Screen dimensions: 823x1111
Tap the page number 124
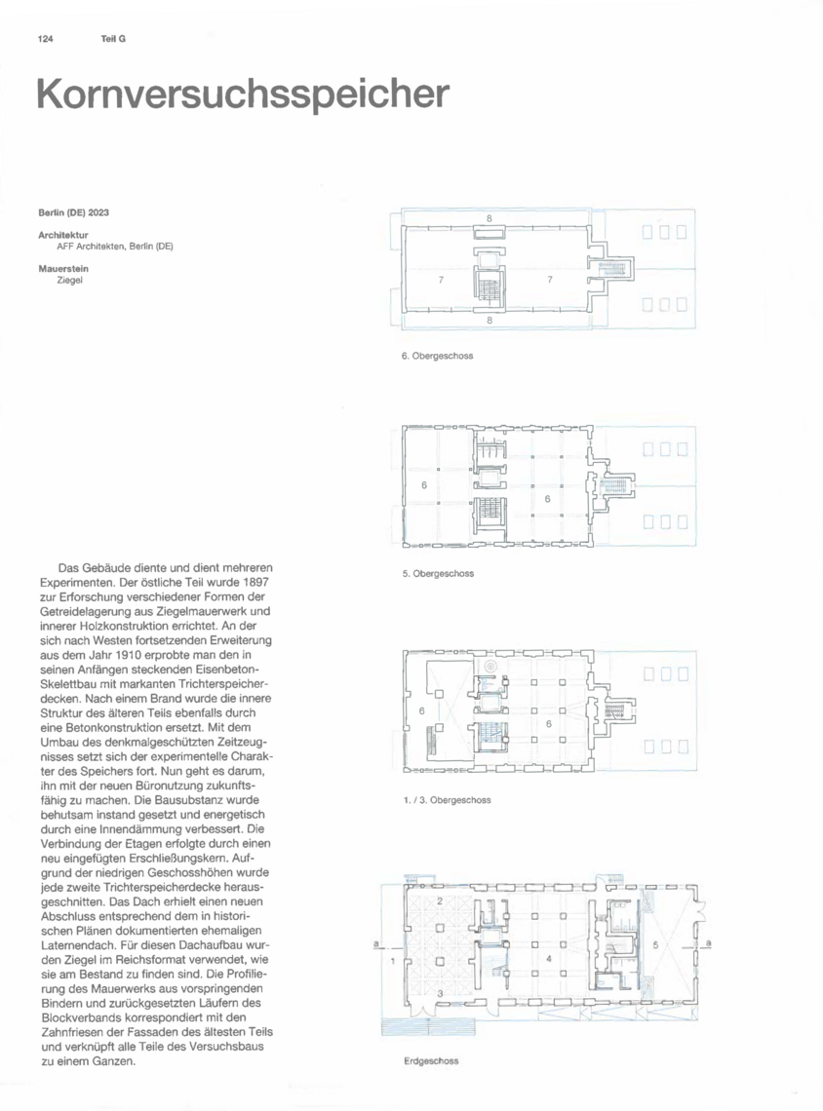tap(46, 39)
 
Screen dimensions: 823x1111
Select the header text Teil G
tap(113, 39)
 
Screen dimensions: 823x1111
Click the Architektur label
tap(63, 235)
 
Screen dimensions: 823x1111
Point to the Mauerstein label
tap(63, 269)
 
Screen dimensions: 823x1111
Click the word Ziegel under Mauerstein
tap(70, 280)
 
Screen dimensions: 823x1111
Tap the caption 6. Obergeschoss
tap(438, 356)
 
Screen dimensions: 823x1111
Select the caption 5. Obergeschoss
tap(438, 573)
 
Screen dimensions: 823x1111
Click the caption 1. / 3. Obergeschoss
tap(447, 800)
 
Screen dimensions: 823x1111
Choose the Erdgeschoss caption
tap(431, 1060)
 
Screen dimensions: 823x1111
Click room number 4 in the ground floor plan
tap(549, 959)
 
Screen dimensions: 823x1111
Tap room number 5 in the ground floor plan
tap(655, 944)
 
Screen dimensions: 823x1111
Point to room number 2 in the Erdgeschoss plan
tap(440, 900)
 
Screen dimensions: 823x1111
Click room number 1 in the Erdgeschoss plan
tap(393, 961)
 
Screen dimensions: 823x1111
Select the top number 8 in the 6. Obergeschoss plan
tap(490, 219)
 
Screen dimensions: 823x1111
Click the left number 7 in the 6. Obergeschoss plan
tap(441, 280)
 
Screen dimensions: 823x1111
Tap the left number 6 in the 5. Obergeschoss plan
tap(424, 485)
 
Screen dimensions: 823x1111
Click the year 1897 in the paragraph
tap(255, 582)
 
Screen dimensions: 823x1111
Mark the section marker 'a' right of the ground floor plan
tap(708, 943)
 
